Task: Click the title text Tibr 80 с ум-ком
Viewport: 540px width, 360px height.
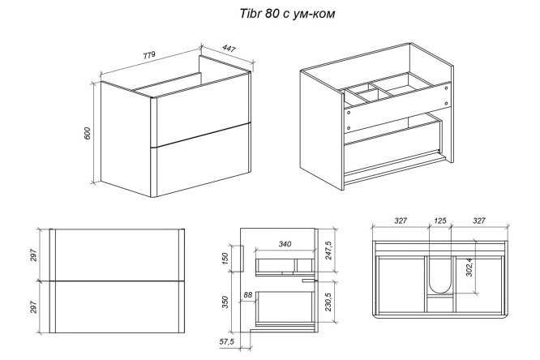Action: point(287,14)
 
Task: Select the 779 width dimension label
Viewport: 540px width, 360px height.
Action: point(149,55)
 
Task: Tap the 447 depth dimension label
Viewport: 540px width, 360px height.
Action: point(229,49)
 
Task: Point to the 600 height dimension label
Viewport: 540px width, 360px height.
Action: point(87,133)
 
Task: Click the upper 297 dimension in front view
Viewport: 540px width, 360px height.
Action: point(33,255)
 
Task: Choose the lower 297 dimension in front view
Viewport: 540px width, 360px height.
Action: point(33,306)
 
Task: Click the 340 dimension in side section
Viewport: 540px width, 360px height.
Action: point(285,244)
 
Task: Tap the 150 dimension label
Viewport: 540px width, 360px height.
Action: point(225,259)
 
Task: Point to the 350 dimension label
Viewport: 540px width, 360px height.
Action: point(225,302)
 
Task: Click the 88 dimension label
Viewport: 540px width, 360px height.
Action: point(247,295)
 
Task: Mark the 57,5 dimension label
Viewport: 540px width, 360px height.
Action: point(226,341)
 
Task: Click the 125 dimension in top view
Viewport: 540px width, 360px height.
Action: point(440,221)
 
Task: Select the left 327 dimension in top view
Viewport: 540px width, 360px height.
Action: point(401,221)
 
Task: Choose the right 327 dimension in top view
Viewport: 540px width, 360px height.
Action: point(479,221)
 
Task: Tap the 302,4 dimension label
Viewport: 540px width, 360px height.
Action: point(469,268)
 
